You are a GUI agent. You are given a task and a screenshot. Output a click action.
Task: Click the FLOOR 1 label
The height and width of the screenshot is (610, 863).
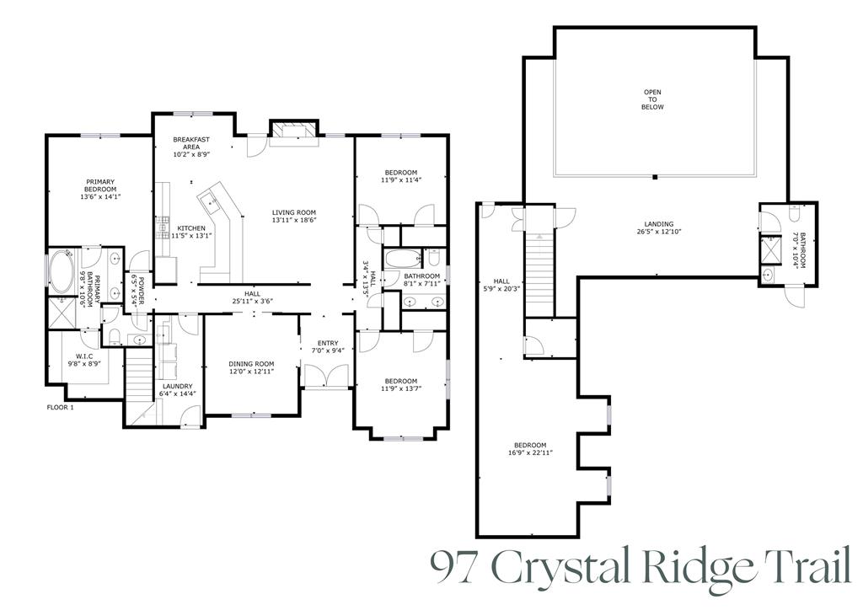tap(60, 408)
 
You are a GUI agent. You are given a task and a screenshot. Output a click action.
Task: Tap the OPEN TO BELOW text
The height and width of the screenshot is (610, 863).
tap(653, 99)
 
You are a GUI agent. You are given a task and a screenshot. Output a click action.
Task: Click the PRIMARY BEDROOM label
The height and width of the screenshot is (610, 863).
tap(100, 189)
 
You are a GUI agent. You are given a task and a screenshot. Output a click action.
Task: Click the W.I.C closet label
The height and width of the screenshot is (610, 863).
tap(84, 360)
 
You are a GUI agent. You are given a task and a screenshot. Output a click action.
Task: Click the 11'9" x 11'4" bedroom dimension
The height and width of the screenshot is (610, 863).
tap(400, 179)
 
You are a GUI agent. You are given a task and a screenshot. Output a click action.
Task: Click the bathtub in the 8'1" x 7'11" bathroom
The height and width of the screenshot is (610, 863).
tap(399, 258)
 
